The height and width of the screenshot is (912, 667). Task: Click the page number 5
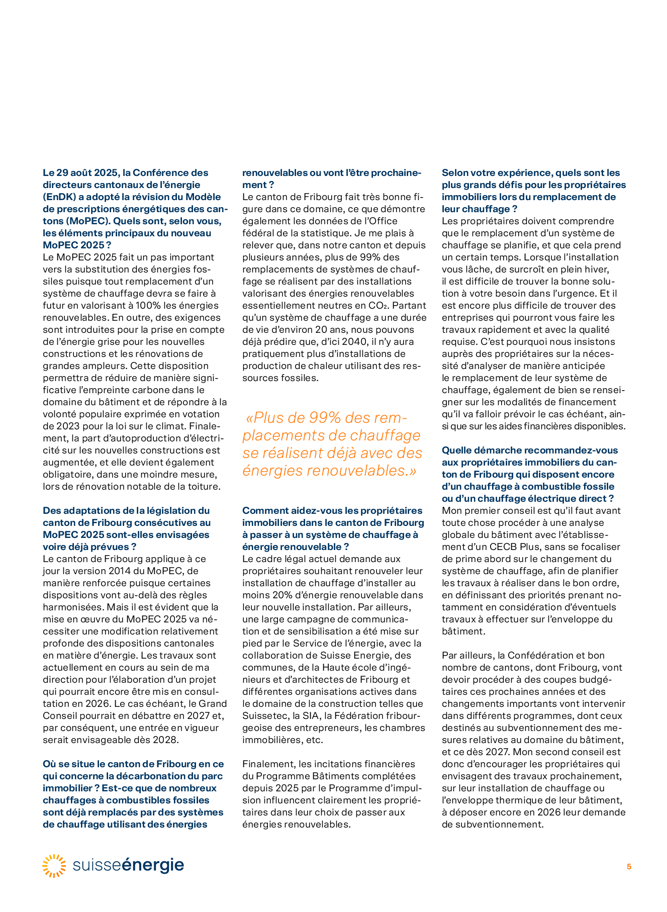pyautogui.click(x=629, y=866)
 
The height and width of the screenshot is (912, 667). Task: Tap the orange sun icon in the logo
pyautogui.click(x=54, y=866)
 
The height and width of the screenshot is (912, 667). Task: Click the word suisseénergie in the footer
pyautogui.click(x=128, y=865)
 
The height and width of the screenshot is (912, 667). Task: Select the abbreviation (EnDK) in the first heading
pyautogui.click(x=61, y=197)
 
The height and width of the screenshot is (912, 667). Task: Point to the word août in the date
pyautogui.click(x=83, y=173)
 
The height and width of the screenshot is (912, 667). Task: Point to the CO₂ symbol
pyautogui.click(x=402, y=306)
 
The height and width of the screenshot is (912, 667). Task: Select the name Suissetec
pyautogui.click(x=263, y=716)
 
